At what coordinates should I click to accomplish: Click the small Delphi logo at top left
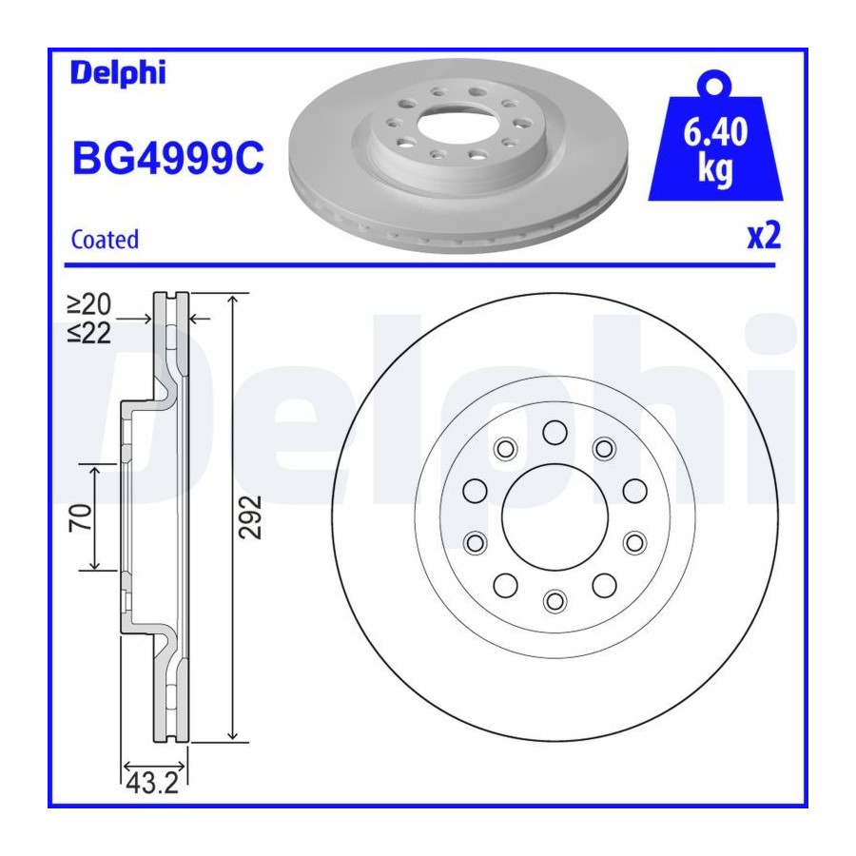click(118, 73)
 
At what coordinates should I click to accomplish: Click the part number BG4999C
click(168, 158)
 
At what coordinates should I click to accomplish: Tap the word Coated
click(105, 240)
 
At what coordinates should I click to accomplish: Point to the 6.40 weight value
click(715, 132)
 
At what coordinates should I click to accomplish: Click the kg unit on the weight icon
click(715, 169)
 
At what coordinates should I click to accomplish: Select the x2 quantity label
click(764, 236)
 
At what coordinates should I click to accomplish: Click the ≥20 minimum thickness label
click(89, 304)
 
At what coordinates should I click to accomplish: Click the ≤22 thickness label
click(89, 333)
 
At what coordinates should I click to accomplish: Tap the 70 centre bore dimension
click(80, 517)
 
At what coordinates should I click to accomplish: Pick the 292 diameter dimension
click(250, 517)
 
